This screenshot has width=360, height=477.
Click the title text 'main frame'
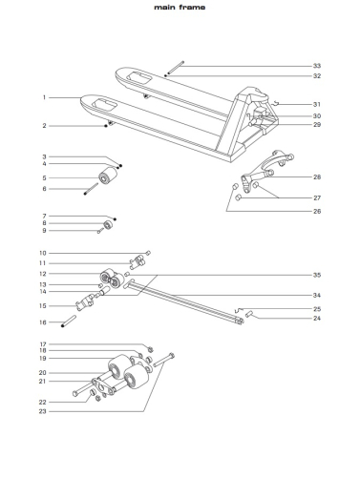(x=180, y=7)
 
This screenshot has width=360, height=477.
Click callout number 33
(x=317, y=66)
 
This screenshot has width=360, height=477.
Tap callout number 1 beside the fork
(x=44, y=97)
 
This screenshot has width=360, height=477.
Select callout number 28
(x=317, y=177)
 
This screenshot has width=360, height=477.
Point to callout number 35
(x=317, y=275)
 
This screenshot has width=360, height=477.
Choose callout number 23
(x=43, y=411)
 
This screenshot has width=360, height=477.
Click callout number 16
(x=43, y=322)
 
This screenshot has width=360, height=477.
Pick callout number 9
(x=44, y=230)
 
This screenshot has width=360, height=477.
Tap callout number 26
(x=317, y=211)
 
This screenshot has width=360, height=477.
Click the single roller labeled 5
(x=108, y=176)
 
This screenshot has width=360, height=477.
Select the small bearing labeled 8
(x=108, y=224)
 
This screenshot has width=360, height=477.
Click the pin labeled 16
(x=69, y=321)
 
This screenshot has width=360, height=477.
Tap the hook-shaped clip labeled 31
(x=276, y=102)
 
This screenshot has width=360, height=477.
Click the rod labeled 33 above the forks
(x=176, y=68)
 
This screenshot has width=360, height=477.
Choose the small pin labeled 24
(x=249, y=314)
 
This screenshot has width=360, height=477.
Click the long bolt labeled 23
(x=164, y=360)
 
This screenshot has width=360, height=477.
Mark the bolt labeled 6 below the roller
(x=92, y=189)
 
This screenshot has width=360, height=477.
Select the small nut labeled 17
(x=151, y=349)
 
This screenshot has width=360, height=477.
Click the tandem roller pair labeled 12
(x=112, y=279)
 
